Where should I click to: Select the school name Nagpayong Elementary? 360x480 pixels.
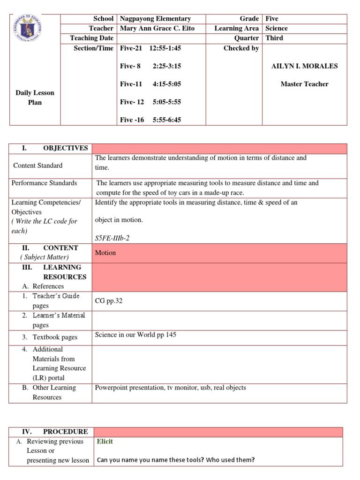pyautogui.click(x=155, y=19)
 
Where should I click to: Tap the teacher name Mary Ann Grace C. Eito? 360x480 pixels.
pyautogui.click(x=157, y=28)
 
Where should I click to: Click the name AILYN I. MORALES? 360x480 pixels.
pyautogui.click(x=304, y=66)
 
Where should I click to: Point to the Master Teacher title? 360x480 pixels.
pyautogui.click(x=304, y=84)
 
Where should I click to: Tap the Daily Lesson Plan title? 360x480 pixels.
pyautogui.click(x=35, y=97)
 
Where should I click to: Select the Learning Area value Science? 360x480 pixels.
pyautogui.click(x=277, y=28)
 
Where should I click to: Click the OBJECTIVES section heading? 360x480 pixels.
pyautogui.click(x=65, y=148)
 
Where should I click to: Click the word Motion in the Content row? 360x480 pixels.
pyautogui.click(x=105, y=253)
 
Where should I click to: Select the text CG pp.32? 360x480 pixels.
pyautogui.click(x=108, y=301)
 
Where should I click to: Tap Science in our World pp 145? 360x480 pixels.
pyautogui.click(x=135, y=335)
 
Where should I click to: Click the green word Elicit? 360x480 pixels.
pyautogui.click(x=105, y=441)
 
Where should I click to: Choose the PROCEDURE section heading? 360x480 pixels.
pyautogui.click(x=65, y=431)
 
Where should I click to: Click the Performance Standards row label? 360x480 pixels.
pyautogui.click(x=44, y=183)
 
